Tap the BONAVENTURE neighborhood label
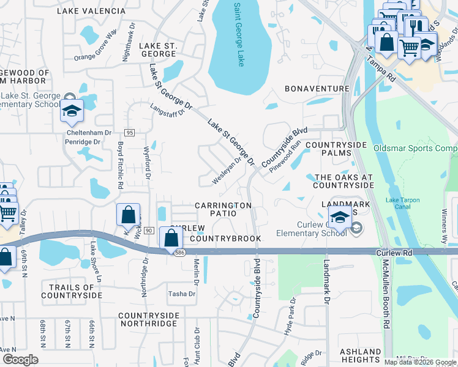tap(317, 89)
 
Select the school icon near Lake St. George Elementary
tap(72, 111)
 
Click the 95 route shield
tap(129, 133)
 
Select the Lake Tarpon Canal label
tap(406, 203)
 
